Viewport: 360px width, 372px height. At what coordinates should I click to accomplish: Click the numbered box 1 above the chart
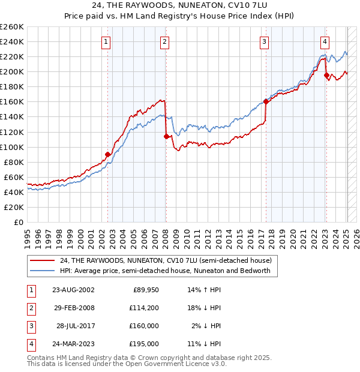[106, 42]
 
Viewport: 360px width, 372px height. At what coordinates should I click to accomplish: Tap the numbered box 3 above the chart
[264, 42]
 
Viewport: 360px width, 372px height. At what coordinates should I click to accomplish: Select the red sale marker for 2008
[166, 136]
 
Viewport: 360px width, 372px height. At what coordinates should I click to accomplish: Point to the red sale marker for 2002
[108, 154]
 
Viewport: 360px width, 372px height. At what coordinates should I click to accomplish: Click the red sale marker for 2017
[266, 102]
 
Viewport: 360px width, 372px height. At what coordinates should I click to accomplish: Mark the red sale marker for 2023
[326, 76]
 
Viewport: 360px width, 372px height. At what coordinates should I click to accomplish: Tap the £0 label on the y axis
[19, 222]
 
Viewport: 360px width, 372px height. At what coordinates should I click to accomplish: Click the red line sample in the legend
[42, 260]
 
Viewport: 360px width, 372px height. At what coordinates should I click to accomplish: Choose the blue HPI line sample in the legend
[42, 271]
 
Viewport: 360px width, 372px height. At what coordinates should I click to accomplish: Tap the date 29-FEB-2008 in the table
[74, 308]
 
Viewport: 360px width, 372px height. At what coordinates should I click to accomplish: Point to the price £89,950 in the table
[145, 290]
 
